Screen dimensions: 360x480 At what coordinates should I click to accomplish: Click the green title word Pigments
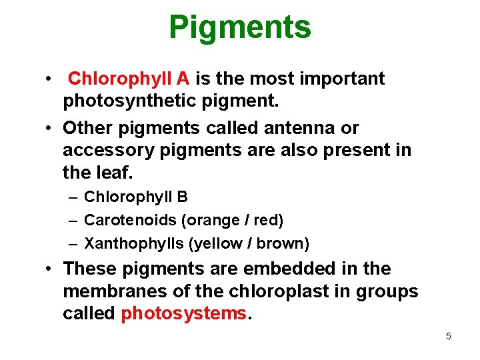pyautogui.click(x=240, y=28)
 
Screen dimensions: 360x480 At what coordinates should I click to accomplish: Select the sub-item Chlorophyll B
pyautogui.click(x=136, y=197)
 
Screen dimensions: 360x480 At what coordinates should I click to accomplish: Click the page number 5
pyautogui.click(x=448, y=336)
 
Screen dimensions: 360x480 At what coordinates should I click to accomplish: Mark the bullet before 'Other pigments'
pyautogui.click(x=50, y=127)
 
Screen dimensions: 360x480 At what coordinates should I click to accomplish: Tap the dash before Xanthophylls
pyautogui.click(x=71, y=243)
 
